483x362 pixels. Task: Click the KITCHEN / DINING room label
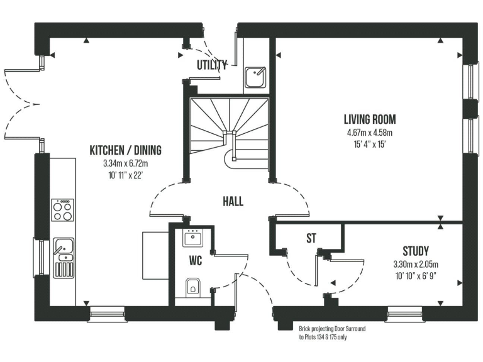125,151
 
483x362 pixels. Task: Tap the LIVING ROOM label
369,119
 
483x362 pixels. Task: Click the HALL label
233,202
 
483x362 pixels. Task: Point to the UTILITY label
211,65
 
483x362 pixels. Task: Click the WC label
194,259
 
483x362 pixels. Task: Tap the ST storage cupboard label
311,238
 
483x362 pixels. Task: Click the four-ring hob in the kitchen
62,210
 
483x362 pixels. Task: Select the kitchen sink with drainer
63,258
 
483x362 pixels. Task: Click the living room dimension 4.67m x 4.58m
369,133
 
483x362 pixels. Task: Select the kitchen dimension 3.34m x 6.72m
125,163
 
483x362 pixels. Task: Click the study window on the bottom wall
405,312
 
